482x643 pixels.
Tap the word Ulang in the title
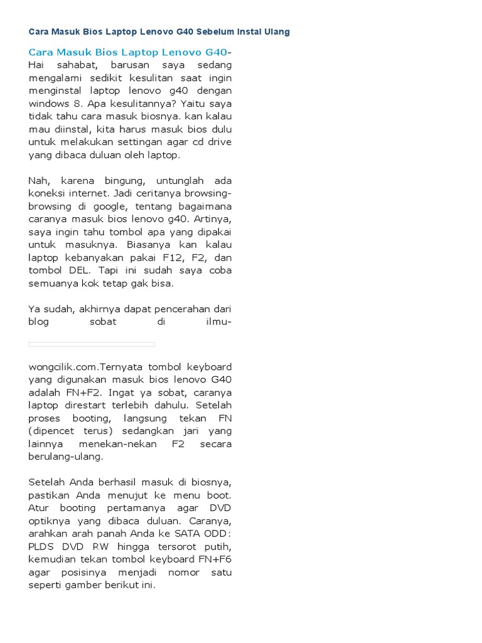pyautogui.click(x=276, y=31)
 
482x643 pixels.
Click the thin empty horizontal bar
pyautogui.click(x=92, y=344)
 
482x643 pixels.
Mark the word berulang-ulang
pyautogui.click(x=66, y=457)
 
